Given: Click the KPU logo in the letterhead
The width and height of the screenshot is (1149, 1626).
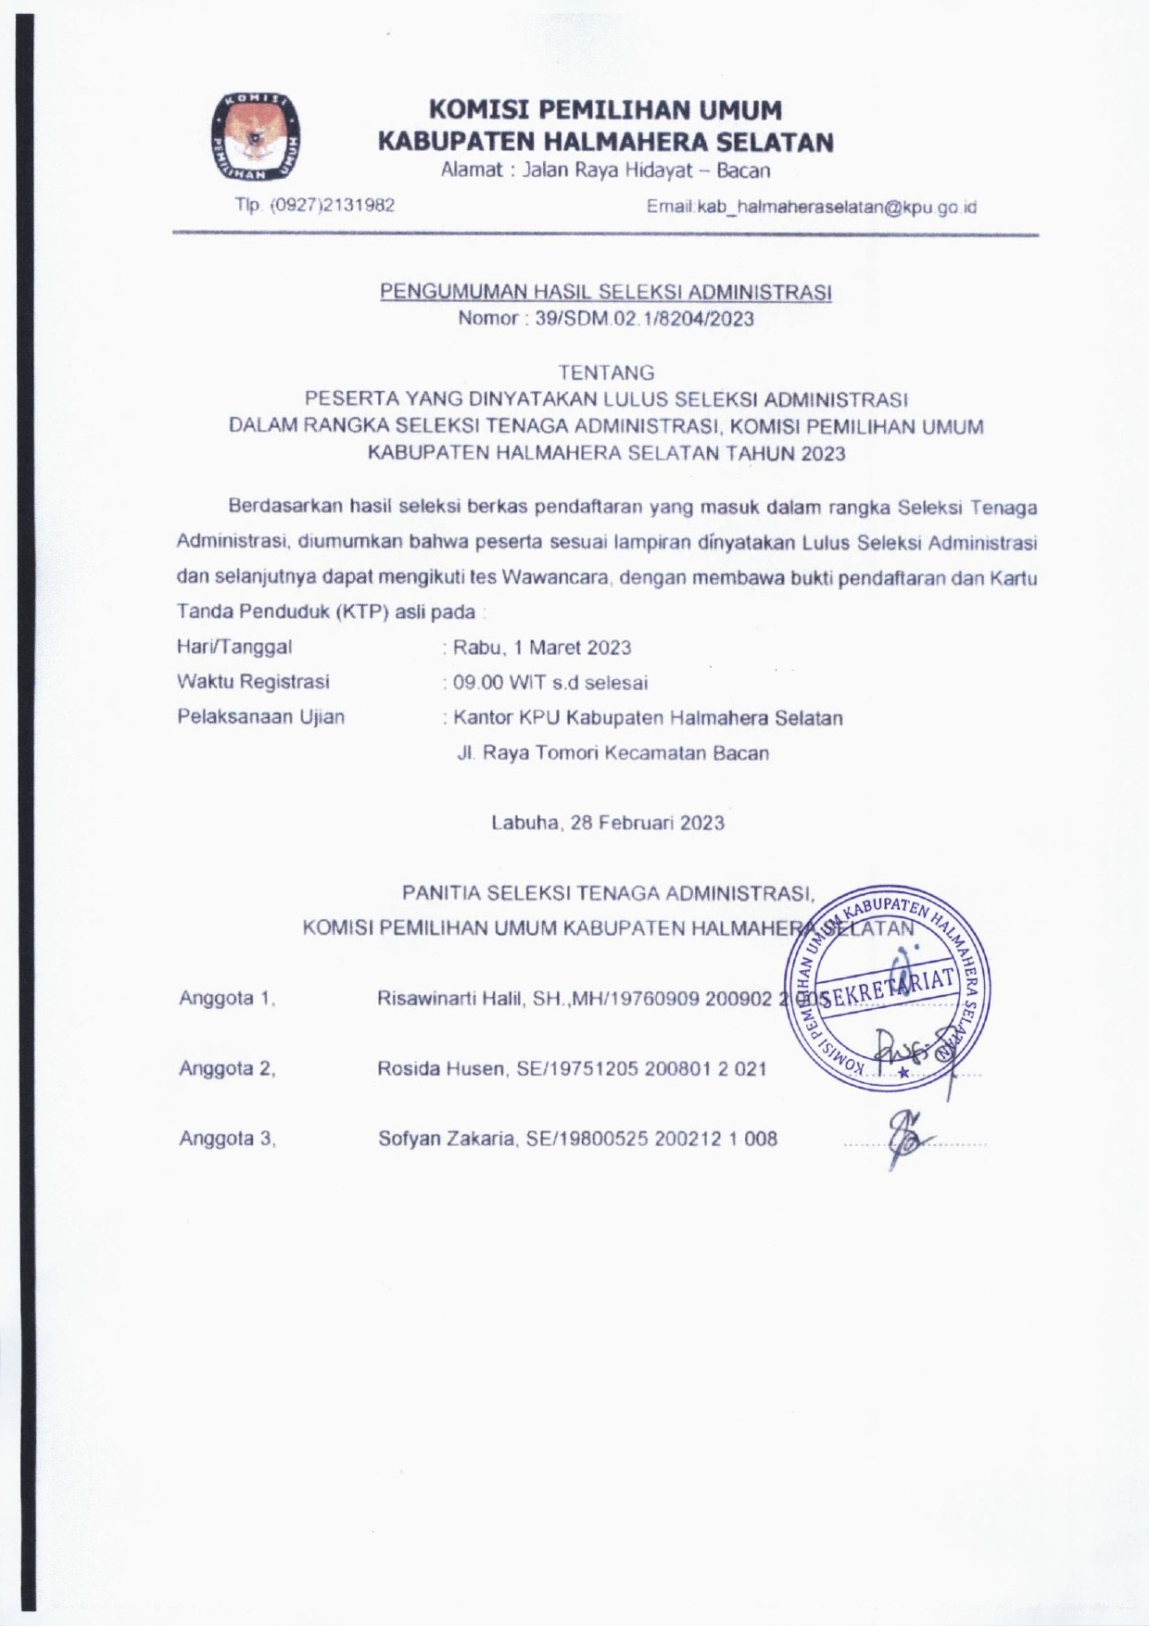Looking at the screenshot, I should coord(256,136).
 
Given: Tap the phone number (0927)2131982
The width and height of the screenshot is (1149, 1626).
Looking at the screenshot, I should coord(315,205).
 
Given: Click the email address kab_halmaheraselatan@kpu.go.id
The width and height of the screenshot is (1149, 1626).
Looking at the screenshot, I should coord(812,208).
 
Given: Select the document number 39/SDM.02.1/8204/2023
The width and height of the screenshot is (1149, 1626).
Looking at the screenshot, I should coord(606,319).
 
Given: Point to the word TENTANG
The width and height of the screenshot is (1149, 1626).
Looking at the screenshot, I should coord(606,372).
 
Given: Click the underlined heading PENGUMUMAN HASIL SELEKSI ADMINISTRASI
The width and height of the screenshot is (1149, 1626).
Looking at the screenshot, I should coord(606,292).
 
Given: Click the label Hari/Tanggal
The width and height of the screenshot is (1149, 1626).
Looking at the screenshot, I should coord(234,647).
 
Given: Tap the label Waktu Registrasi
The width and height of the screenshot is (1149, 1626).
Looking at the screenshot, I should coord(253,682).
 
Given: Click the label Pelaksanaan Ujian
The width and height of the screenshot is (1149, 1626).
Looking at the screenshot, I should coord(260,716).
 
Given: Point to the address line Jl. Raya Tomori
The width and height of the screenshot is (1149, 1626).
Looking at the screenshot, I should coord(612,752).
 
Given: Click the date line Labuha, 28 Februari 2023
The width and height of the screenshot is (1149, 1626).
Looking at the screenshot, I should coord(608,823).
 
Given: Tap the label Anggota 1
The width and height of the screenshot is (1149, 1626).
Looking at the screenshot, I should coord(227,998).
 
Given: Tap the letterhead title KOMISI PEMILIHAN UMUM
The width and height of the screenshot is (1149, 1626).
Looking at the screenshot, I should coord(605,110).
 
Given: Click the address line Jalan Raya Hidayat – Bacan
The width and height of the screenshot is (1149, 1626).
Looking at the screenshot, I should coord(605,170).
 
